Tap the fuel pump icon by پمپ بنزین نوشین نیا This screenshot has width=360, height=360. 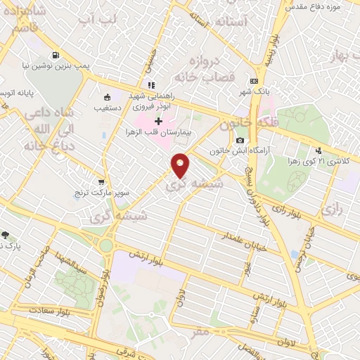pos(55,56)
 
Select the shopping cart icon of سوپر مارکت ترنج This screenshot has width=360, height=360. pos(102,182)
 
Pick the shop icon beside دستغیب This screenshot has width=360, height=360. pos(106,98)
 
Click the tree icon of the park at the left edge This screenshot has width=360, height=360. pos(6,236)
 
